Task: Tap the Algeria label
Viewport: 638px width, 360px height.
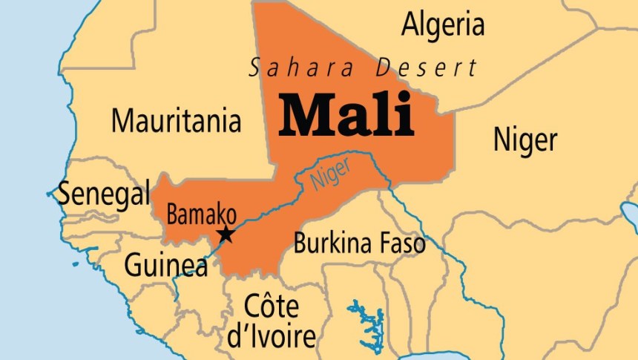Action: [x=443, y=24]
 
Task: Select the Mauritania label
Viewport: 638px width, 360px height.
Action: [x=177, y=120]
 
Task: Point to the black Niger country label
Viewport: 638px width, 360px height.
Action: [x=524, y=139]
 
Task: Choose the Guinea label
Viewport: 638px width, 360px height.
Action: [x=165, y=265]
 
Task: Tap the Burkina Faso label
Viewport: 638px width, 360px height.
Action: [x=360, y=243]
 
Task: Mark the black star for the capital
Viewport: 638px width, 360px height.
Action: [x=226, y=235]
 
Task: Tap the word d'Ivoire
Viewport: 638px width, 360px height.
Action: [x=271, y=336]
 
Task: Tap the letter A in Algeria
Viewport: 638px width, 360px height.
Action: [x=410, y=24]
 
